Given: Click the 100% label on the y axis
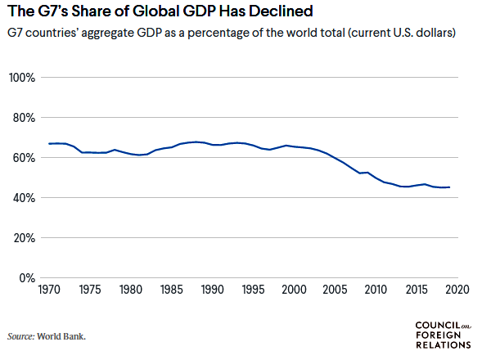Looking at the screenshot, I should tap(21, 78).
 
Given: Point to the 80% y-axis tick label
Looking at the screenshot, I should tap(22, 118).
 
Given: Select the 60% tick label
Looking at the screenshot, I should tap(22, 158).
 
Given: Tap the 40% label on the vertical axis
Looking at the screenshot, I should tap(22, 198).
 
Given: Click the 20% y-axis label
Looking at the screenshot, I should tap(22, 238).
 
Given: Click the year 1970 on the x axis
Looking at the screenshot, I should tap(50, 290).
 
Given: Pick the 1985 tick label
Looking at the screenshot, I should tap(172, 290).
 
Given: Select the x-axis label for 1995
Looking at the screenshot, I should tap(253, 290).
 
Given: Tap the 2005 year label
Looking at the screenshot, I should tap(335, 290).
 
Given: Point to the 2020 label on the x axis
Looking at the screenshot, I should tap(456, 290).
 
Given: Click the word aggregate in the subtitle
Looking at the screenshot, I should tap(126, 34).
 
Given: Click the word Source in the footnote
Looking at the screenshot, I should tap(21, 336).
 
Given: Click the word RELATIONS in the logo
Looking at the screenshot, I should tap(444, 344).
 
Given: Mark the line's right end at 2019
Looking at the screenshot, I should tap(448, 187).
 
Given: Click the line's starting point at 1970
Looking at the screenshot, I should tap(49, 144).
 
